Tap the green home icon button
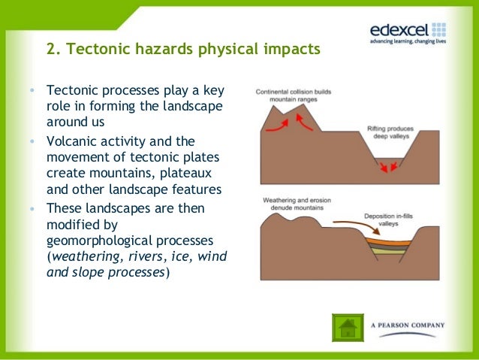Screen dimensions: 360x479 348,327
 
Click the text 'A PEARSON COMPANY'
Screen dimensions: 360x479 408,325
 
